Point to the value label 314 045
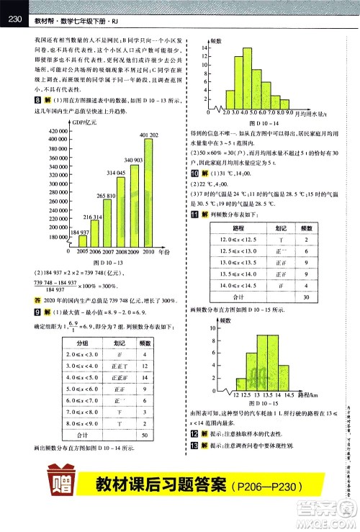coord(117,174)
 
